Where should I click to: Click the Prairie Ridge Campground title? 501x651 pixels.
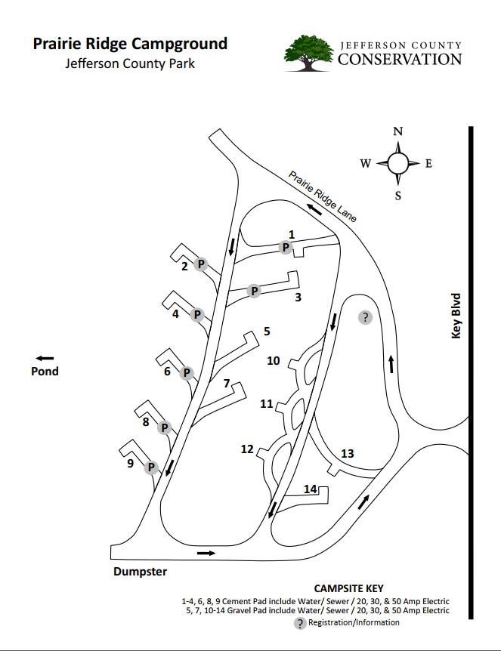tap(130, 43)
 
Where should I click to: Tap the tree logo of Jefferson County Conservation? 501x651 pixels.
tap(308, 52)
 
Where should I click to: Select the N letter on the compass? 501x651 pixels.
tap(398, 131)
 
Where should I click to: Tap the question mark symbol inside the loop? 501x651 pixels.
tap(365, 317)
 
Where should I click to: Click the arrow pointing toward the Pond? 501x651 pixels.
tap(45, 357)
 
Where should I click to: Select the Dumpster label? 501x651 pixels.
tap(140, 572)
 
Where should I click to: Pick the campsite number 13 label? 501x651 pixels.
tap(347, 453)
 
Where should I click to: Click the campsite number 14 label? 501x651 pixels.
tap(310, 489)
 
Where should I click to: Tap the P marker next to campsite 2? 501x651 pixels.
tap(201, 264)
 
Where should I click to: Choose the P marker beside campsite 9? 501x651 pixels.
tap(151, 467)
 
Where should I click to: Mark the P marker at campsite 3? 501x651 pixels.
tap(255, 291)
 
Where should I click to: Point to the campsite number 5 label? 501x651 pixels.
tap(266, 331)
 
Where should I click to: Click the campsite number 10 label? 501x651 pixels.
tap(274, 361)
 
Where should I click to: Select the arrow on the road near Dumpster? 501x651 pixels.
tap(205, 553)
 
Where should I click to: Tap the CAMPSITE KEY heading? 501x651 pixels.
tap(348, 588)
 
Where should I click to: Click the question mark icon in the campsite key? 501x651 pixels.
tap(302, 623)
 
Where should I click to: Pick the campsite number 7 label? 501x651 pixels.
tap(226, 384)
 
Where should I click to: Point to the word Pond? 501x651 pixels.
tap(45, 371)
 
